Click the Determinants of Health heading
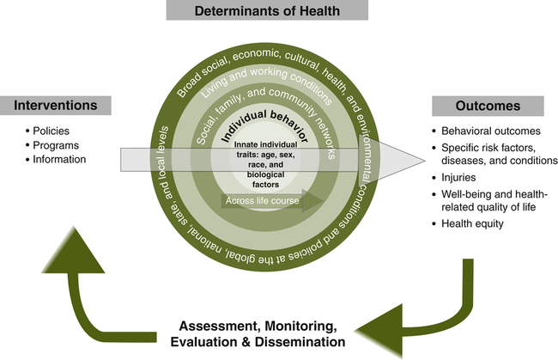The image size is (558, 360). [x=278, y=12]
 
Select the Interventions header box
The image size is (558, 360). [x=64, y=106]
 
